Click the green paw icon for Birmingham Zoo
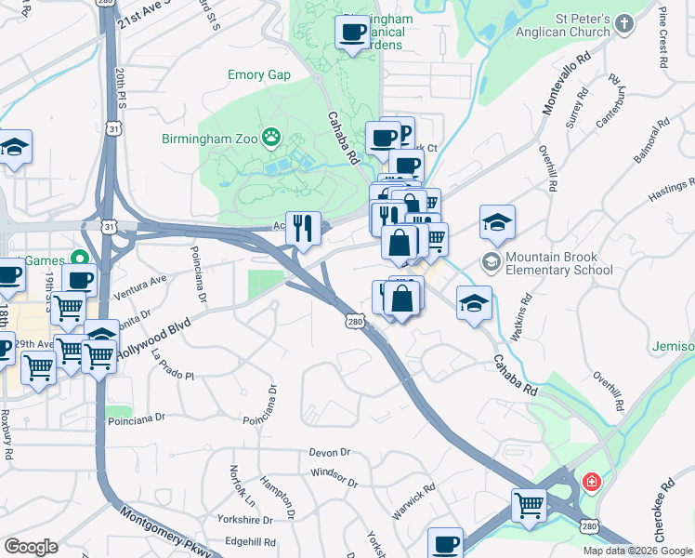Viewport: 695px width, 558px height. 271,138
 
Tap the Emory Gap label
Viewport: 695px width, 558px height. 259,75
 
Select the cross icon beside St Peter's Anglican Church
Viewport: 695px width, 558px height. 623,23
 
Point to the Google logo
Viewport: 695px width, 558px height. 31,547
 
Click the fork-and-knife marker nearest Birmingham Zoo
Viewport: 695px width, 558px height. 302,227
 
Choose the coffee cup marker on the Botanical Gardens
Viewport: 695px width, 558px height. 352,33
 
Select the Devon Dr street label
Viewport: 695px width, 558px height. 331,452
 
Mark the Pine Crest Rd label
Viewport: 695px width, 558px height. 662,37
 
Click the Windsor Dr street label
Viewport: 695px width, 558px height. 334,477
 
